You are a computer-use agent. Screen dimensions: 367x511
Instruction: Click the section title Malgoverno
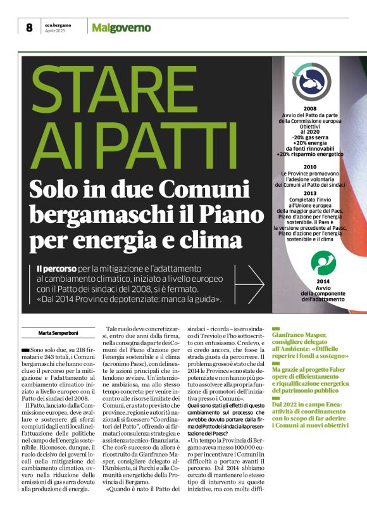point(121,27)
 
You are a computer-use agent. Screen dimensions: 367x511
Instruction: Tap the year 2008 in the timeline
point(310,109)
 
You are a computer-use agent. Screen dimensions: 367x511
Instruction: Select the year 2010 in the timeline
point(310,167)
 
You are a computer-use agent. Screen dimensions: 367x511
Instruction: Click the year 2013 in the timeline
point(310,193)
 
